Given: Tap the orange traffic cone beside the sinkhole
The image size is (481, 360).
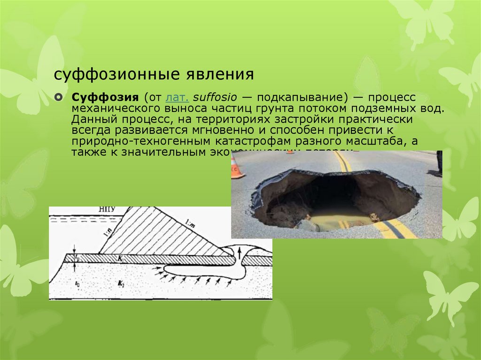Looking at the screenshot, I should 236,168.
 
